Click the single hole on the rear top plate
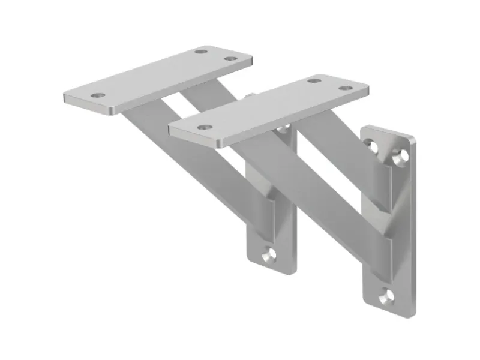pos(97,95)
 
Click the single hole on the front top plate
pos(205,127)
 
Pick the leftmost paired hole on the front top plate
pos(313,80)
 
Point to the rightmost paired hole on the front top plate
pos(344,88)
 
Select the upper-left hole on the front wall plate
pos(373,146)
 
